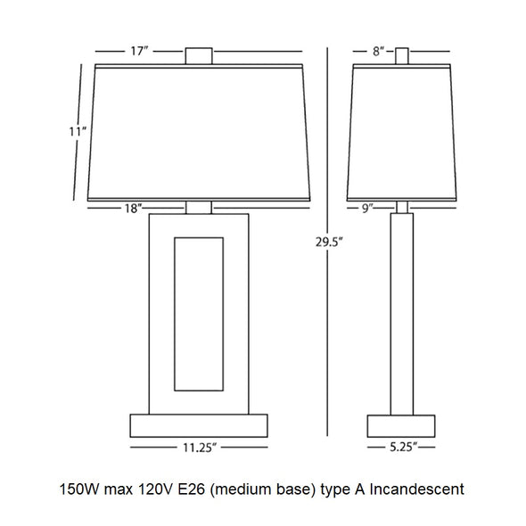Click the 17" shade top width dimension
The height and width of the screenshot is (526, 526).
[x=139, y=52]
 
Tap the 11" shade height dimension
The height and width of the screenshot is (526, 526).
[x=78, y=132]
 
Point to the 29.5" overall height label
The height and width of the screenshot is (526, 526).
[x=330, y=242]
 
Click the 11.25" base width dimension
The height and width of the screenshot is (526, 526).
[x=200, y=448]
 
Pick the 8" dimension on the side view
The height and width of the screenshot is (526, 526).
[x=378, y=52]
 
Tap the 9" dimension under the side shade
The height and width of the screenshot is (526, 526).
[x=367, y=209]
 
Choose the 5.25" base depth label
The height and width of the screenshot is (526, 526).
[x=403, y=447]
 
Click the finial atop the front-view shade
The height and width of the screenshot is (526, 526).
[x=199, y=56]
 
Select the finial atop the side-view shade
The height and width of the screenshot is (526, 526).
[x=402, y=56]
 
